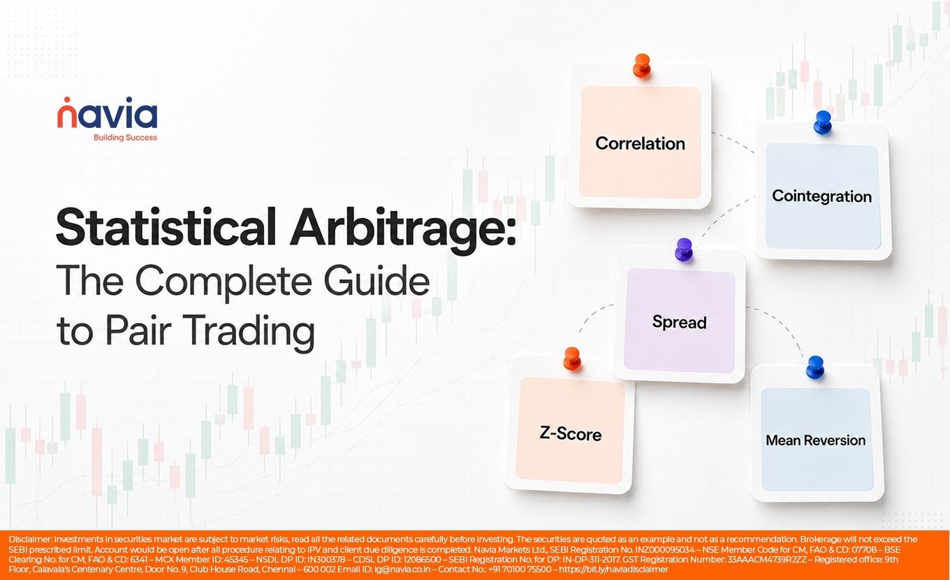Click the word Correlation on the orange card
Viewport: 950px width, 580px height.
point(640,143)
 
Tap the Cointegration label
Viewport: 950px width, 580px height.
point(821,196)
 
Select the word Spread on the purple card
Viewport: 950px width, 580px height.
point(680,322)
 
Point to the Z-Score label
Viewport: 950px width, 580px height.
point(570,434)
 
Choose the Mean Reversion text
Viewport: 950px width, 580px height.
point(815,440)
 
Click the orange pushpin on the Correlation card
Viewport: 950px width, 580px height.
point(642,66)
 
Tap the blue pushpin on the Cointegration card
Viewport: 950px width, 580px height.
point(823,122)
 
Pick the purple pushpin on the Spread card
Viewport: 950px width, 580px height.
point(684,249)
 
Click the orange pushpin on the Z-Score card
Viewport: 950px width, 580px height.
point(572,359)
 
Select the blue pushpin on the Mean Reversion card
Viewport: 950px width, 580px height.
point(815,368)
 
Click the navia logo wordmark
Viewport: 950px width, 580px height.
point(108,113)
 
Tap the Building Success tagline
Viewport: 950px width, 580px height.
point(125,138)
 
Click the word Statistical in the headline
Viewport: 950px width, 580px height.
point(166,226)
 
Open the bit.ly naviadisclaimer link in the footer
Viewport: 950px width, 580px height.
point(613,570)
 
